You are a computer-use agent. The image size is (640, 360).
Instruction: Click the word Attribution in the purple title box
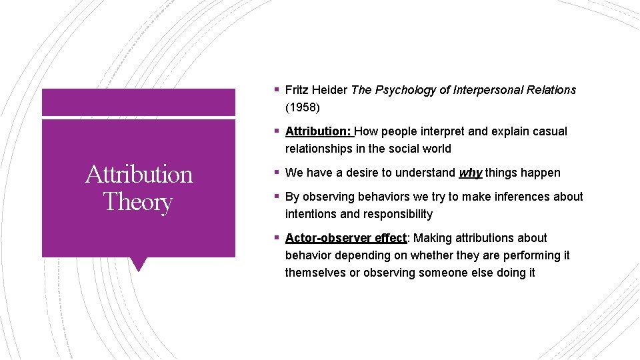[139, 174]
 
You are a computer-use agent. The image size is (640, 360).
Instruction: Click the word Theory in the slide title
[138, 201]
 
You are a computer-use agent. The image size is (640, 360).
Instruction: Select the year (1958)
[303, 107]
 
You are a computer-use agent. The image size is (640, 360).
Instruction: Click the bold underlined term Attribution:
[319, 131]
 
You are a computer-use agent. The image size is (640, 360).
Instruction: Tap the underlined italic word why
[470, 173]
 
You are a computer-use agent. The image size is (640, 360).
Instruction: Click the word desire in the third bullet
[359, 173]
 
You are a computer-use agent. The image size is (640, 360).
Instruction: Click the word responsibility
[398, 214]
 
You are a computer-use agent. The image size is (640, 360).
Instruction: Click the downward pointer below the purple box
[139, 264]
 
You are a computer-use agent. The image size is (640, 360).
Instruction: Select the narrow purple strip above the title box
[139, 103]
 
